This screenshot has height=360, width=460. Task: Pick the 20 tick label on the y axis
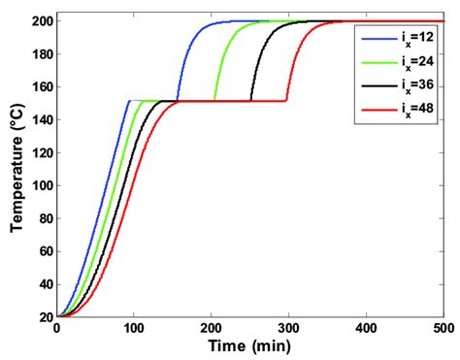click(x=42, y=316)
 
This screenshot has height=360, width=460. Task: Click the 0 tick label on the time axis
click(x=56, y=329)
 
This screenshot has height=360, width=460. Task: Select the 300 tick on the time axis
click(x=288, y=329)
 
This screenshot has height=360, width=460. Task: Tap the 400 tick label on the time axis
click(x=366, y=329)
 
